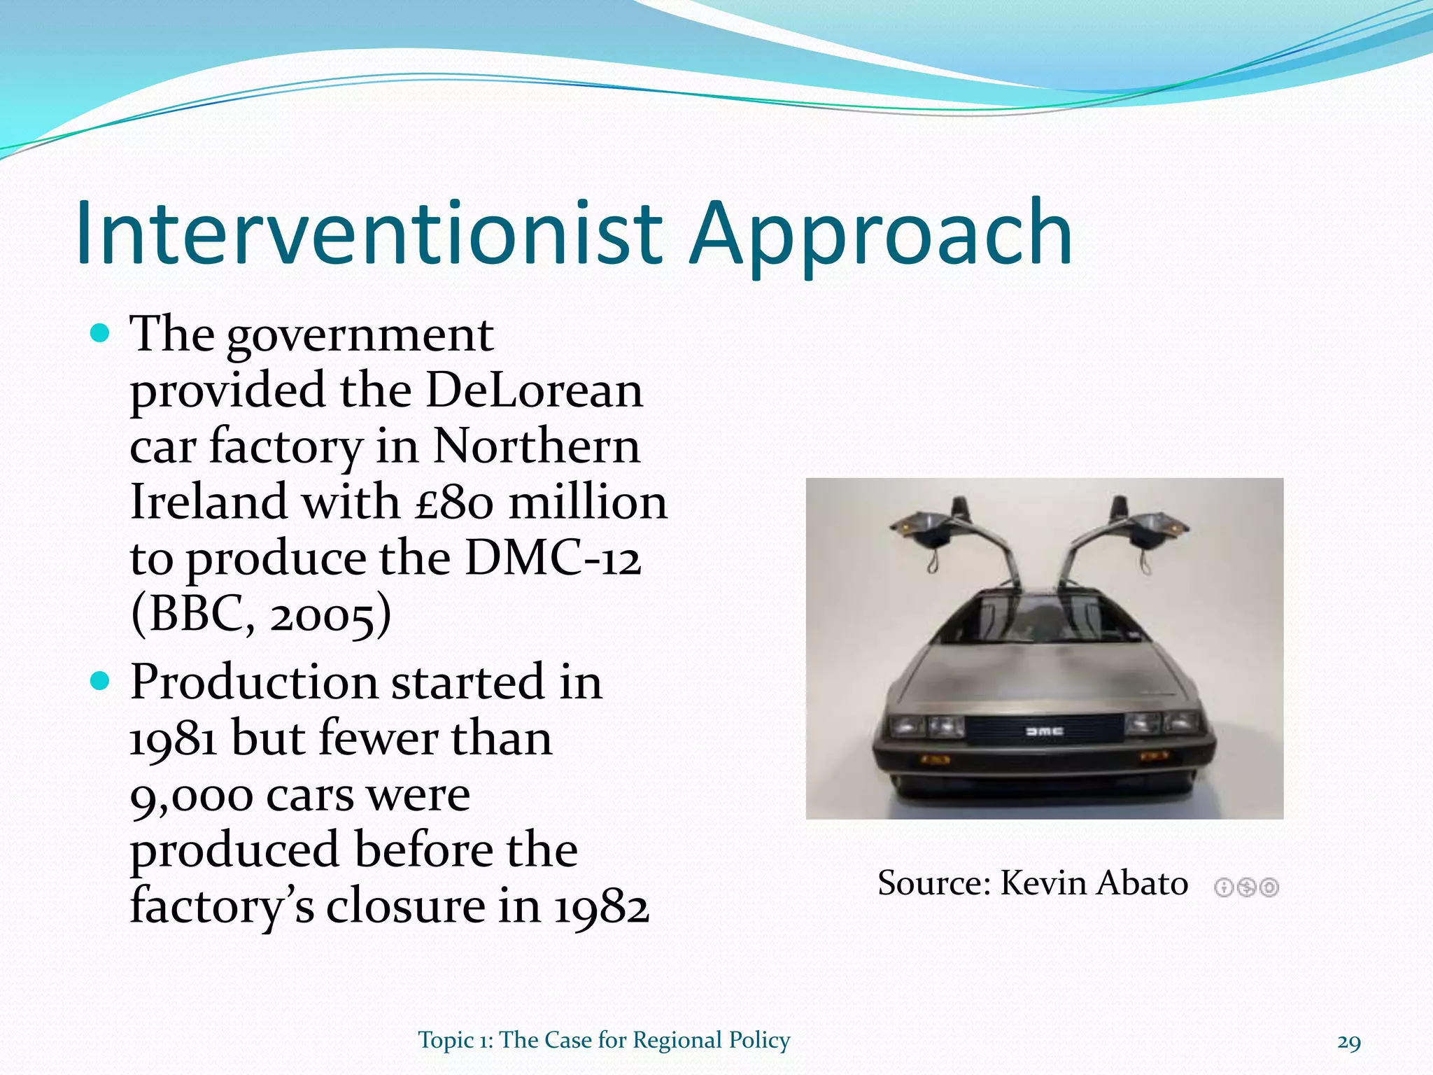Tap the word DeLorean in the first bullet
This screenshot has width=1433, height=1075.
[534, 390]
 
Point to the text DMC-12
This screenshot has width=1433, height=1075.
[553, 558]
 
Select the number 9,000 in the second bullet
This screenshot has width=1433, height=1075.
[191, 795]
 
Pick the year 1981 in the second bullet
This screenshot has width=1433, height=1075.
[173, 739]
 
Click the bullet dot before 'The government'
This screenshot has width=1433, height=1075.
[101, 333]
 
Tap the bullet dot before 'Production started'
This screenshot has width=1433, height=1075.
[101, 680]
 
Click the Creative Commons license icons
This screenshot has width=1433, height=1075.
[1246, 887]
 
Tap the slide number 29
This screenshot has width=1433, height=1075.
[1348, 1043]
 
